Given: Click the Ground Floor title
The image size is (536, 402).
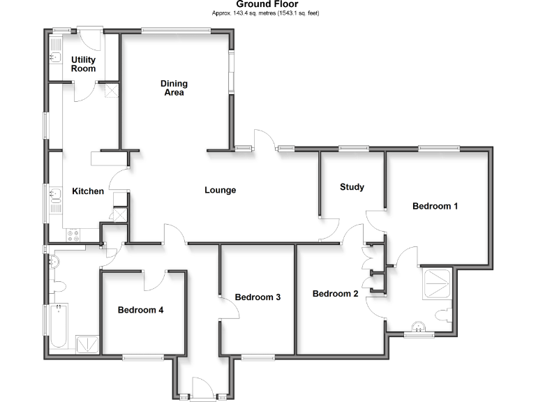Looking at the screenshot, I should point(267,4).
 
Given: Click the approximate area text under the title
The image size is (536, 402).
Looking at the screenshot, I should point(267,13).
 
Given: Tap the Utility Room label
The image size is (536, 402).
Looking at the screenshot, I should point(84,64).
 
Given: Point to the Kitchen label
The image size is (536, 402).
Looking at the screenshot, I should point(89,191).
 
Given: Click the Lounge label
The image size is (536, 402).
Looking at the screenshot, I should point(220,190).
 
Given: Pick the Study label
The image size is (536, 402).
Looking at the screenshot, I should point(352,187).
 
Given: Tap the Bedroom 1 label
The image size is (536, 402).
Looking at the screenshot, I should point(435,207).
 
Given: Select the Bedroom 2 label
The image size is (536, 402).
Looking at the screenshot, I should point(335,294).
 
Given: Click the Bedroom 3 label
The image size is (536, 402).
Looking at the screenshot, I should point(258,297).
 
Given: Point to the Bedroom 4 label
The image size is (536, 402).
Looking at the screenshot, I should point(140,310).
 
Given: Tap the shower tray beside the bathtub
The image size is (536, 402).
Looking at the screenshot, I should point(89,343).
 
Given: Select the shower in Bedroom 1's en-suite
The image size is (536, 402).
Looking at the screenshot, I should point(438,283).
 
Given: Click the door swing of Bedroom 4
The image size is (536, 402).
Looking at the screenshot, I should point(154,279).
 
